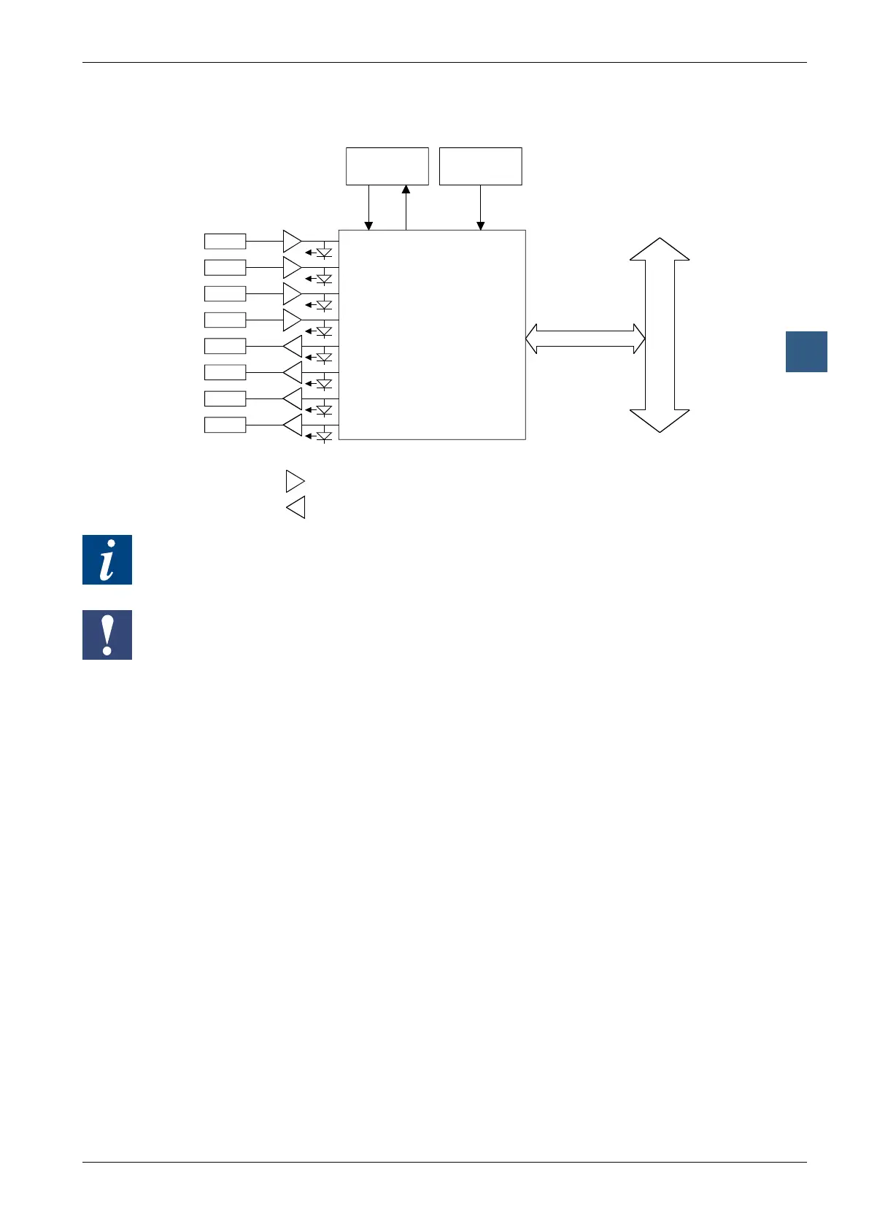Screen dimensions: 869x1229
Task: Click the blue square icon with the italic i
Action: (x=107, y=560)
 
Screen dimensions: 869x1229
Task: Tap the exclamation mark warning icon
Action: (x=107, y=635)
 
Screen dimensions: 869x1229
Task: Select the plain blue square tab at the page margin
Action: (x=806, y=352)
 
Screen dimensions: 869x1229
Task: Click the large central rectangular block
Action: (x=432, y=335)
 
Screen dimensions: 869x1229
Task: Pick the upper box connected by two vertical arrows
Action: (x=387, y=166)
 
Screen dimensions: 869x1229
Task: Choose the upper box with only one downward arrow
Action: (x=480, y=166)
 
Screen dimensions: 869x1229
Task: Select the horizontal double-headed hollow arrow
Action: (x=585, y=339)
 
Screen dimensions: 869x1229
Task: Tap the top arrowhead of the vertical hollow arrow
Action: (x=660, y=249)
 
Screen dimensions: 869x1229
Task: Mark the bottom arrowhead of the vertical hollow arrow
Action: (x=660, y=420)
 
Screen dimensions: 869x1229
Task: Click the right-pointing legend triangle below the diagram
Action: (x=295, y=482)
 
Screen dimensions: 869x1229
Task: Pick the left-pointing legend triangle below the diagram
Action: (x=295, y=507)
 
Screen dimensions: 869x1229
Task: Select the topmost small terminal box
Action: (x=225, y=241)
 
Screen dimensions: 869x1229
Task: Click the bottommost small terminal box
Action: (x=225, y=425)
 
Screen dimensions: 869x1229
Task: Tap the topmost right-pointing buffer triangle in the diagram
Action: (x=292, y=241)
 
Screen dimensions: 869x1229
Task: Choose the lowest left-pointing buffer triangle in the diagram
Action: (x=292, y=425)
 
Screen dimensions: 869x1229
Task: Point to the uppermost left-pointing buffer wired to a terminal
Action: (x=292, y=346)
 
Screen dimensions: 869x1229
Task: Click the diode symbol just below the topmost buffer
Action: (x=324, y=253)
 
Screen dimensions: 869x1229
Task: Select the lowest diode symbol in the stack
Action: (x=324, y=436)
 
